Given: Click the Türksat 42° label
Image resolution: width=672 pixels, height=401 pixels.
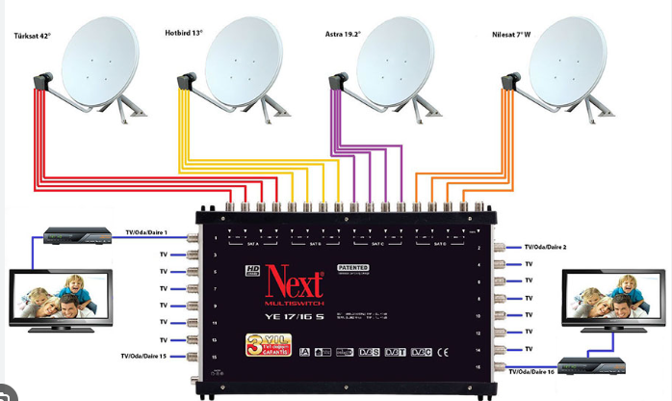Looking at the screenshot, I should click(x=32, y=36).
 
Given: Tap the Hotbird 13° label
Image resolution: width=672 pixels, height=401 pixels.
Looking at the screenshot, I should click(x=185, y=32).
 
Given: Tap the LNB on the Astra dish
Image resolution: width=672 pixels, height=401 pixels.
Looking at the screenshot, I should click(x=338, y=84).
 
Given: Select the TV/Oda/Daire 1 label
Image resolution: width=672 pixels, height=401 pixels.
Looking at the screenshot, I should click(x=146, y=232).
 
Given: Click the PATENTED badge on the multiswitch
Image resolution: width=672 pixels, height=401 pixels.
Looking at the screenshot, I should click(x=353, y=264).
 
